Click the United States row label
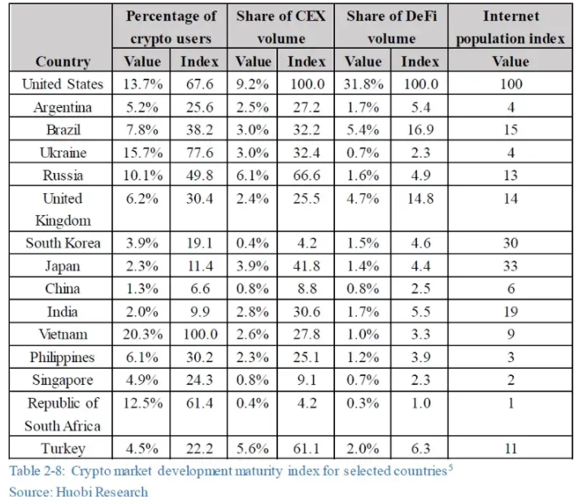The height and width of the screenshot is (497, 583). tap(63, 84)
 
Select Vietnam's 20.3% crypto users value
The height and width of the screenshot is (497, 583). tap(141, 334)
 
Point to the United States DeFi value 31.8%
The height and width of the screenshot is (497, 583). tap(363, 84)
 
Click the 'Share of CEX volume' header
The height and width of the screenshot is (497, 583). tap(281, 27)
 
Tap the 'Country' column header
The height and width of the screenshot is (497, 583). tap(63, 62)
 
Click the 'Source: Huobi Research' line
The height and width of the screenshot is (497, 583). tap(79, 491)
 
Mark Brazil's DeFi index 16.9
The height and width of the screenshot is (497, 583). tap(420, 130)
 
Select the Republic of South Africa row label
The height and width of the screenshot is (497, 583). tap(63, 414)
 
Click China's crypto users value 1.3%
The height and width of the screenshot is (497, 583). tap(141, 288)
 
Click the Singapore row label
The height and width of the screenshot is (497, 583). tap(63, 379)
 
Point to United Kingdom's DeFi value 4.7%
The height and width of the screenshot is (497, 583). tap(363, 197)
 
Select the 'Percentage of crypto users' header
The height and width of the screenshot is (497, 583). tap(170, 27)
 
